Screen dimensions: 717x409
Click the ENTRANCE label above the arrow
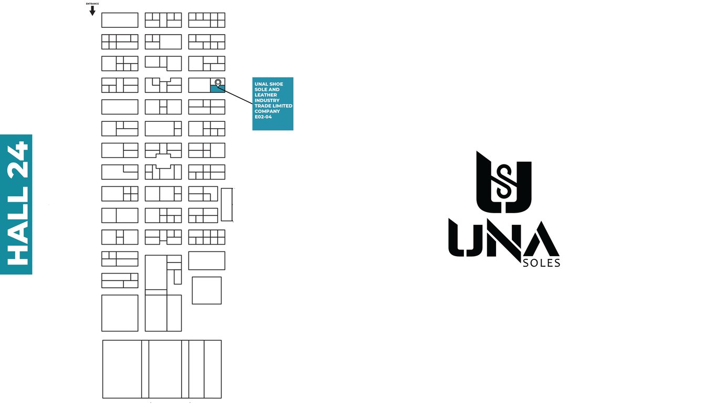[x=92, y=4]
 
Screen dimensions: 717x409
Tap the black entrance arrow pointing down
[x=92, y=11]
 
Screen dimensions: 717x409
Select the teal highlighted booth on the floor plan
[x=217, y=89]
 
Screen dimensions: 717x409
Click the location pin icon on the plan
[x=218, y=82]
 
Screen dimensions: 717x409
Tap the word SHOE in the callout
[x=276, y=84]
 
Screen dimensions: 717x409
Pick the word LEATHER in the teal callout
[x=267, y=95]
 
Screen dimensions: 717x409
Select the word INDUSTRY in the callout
[x=267, y=100]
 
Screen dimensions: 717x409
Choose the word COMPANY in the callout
[x=267, y=111]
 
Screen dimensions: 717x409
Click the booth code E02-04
[x=263, y=117]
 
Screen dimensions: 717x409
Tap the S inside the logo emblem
[x=504, y=181]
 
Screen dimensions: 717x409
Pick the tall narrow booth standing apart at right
[x=226, y=205]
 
